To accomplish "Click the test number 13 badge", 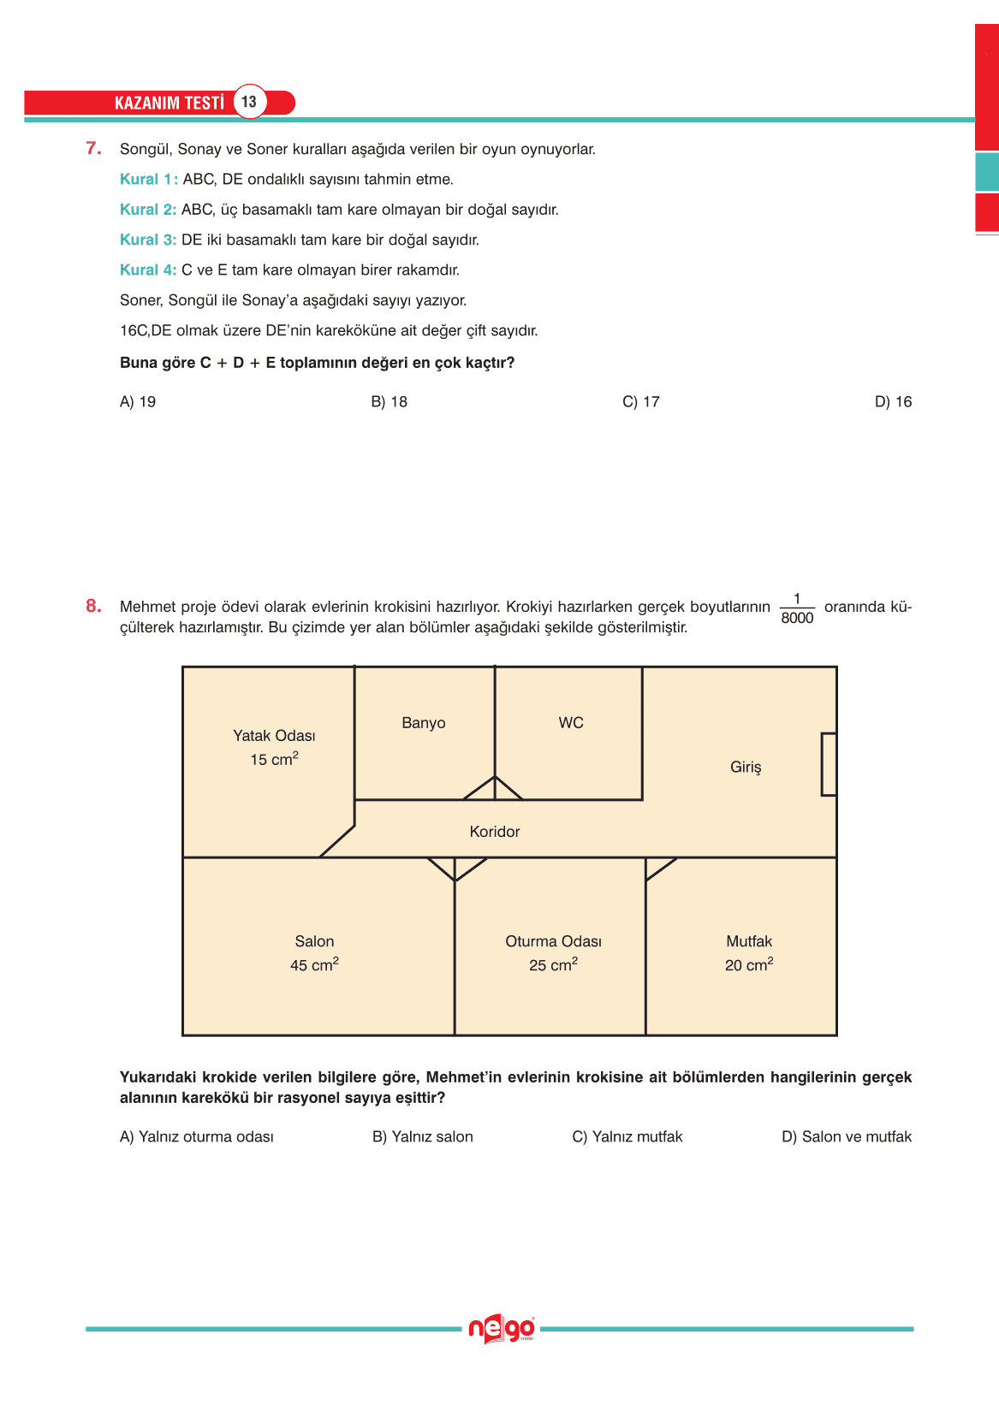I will (249, 102).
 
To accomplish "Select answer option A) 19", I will (138, 402).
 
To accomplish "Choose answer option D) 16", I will (893, 402).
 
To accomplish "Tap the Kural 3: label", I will (148, 240).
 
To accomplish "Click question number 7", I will (93, 149).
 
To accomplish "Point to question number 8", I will (93, 607).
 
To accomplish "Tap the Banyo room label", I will (424, 723).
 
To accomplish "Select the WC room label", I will (571, 723).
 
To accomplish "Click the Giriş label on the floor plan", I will (746, 768).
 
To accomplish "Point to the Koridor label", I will (495, 832).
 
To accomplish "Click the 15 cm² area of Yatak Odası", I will (274, 759).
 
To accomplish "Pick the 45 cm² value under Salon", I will (314, 965).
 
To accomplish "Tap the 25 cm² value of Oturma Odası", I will (553, 965).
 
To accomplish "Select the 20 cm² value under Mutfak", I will (749, 965).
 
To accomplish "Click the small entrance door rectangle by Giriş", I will (829, 764).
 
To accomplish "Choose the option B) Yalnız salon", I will (423, 1137).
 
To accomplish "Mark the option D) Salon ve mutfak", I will (847, 1137).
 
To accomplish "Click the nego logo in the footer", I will (502, 1329).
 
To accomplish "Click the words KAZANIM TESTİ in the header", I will (169, 103).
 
